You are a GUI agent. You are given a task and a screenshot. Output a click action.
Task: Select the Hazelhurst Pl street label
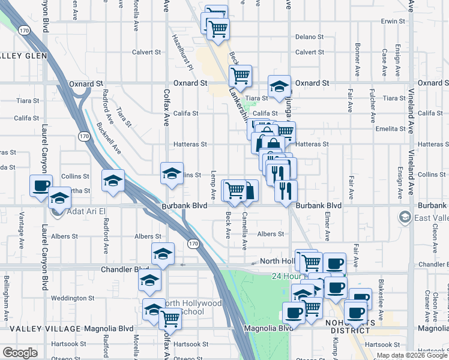pyautogui.click(x=182, y=52)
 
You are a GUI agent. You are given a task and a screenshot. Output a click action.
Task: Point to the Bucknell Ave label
pyautogui.click(x=108, y=138)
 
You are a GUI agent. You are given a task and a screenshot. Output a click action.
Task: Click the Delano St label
pyautogui.click(x=309, y=37)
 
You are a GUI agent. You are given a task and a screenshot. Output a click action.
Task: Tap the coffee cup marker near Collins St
pyautogui.click(x=41, y=185)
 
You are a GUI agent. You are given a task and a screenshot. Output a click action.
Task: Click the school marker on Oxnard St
pyautogui.click(x=279, y=86)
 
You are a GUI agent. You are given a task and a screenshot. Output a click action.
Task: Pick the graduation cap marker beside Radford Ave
pyautogui.click(x=113, y=180)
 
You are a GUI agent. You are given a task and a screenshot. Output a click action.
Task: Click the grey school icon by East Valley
pyautogui.click(x=406, y=217)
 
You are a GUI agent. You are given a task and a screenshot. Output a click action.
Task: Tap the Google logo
pyautogui.click(x=20, y=352)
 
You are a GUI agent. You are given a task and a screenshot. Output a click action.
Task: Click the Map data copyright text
pyautogui.click(x=412, y=356)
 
